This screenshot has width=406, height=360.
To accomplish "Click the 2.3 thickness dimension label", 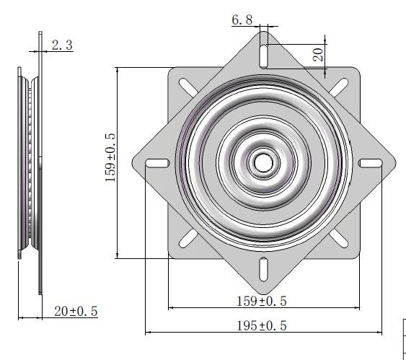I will pos(62,45).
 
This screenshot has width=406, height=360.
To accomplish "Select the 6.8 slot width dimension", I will pos(242,20).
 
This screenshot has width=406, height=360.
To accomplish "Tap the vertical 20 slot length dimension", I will pos(318,54).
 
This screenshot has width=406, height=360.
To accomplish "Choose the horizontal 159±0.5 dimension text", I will pos(263,300).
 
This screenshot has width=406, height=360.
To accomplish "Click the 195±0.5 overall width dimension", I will pos(262,325).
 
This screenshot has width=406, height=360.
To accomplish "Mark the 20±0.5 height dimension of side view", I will pos(76,311).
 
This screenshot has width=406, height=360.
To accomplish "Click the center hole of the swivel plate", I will pos(263,162).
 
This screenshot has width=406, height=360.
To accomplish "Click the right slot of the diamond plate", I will pos(371,162).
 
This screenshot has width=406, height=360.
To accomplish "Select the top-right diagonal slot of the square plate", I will pos(340,86).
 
